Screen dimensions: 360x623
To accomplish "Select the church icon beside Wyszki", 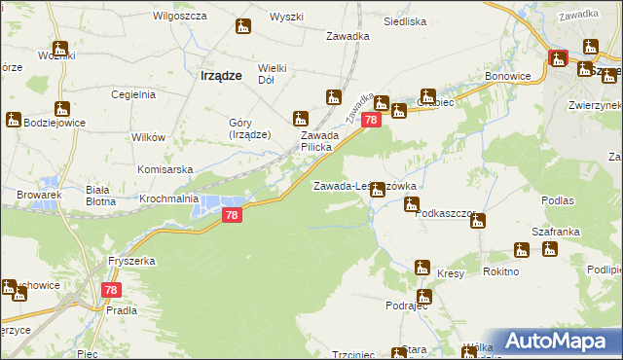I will [243, 26].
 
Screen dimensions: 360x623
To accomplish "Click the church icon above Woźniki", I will [60, 48].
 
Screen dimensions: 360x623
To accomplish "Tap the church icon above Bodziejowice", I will [13, 120].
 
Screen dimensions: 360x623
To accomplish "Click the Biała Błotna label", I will [101, 196].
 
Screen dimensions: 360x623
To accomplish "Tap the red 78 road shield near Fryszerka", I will [112, 290].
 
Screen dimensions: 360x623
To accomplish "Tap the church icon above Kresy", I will [422, 267].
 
